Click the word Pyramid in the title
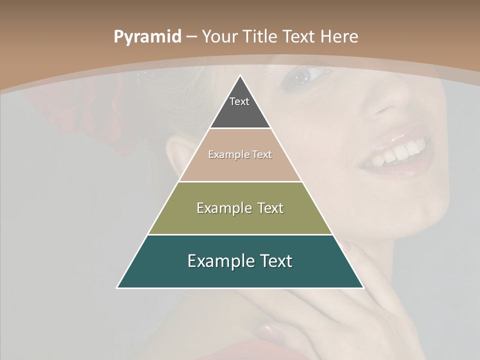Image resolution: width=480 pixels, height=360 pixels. click(147, 36)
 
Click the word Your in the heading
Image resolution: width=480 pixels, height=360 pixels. click(220, 36)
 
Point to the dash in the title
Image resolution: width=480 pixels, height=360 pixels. click(191, 37)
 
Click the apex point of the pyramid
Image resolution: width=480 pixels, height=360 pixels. click(240, 75)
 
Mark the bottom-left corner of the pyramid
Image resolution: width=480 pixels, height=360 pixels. click(117, 287)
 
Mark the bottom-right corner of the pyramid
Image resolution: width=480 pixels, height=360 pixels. click(363, 287)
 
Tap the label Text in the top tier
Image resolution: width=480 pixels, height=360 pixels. click(239, 101)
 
